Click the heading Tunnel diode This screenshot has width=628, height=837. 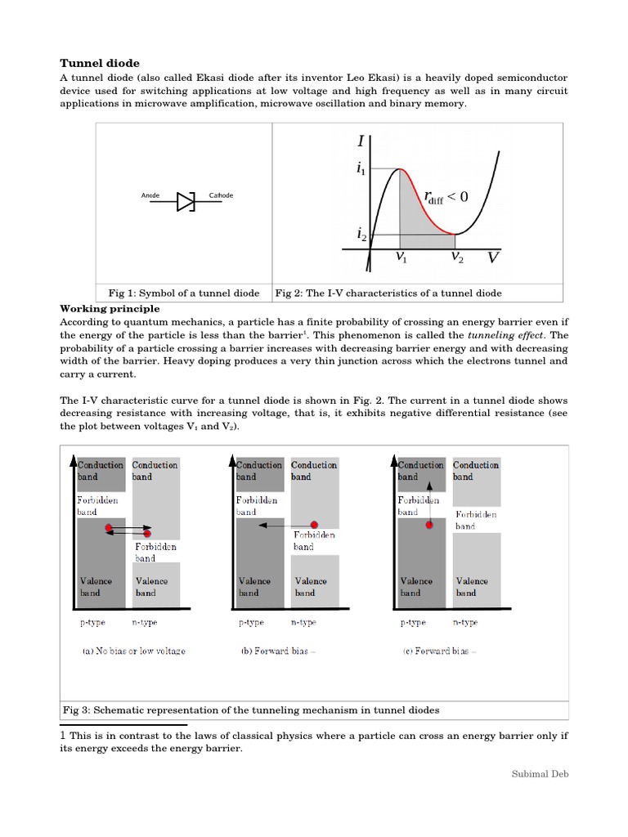coord(101,63)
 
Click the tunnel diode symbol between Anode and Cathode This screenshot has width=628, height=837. coord(186,201)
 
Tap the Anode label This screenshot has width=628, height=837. coord(151,196)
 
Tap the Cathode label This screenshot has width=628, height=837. coord(222,196)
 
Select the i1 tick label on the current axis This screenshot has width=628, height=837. coord(361,169)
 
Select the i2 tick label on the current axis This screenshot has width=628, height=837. coord(361,235)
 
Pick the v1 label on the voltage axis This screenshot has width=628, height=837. coord(401,257)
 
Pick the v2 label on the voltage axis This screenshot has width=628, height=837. coord(457,257)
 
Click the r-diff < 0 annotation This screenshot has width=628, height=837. coord(446,196)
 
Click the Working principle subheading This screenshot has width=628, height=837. coord(110,309)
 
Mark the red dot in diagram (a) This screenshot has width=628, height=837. coord(108,530)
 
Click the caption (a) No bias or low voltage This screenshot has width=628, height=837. coord(133,651)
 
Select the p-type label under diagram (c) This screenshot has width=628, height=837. coord(412,622)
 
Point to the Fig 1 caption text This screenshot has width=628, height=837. coord(184,293)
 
